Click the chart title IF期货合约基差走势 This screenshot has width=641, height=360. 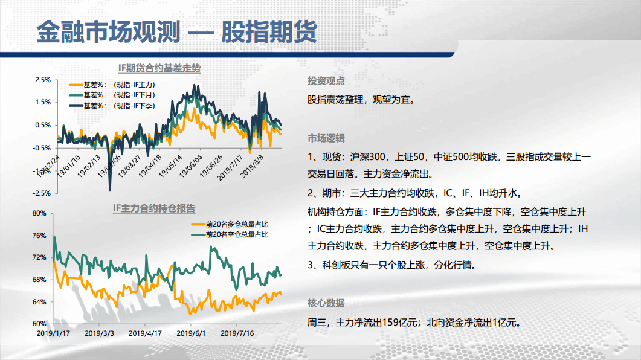click(159, 68)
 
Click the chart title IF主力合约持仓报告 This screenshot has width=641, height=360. click(154, 208)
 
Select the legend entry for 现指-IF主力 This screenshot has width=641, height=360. click(112, 85)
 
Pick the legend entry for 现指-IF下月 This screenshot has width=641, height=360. click(112, 95)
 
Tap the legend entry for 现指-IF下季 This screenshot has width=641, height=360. click(112, 106)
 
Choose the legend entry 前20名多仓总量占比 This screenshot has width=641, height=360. click(230, 224)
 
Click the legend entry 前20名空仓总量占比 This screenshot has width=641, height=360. click(230, 234)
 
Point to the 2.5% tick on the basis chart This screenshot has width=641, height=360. click(43, 80)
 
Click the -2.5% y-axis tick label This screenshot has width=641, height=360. click(42, 193)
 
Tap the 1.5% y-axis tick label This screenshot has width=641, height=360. click(43, 102)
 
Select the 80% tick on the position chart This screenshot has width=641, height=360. click(39, 213)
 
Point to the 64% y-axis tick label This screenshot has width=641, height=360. click(39, 302)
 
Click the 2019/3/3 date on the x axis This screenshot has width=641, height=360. click(99, 333)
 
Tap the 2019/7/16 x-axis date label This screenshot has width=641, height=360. click(237, 333)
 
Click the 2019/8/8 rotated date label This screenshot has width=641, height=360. click(252, 166)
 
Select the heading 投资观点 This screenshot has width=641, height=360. click(326, 81)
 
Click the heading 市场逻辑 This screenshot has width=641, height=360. click(326, 138)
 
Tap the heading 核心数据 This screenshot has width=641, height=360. click(326, 303)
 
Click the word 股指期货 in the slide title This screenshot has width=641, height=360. click(269, 32)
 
